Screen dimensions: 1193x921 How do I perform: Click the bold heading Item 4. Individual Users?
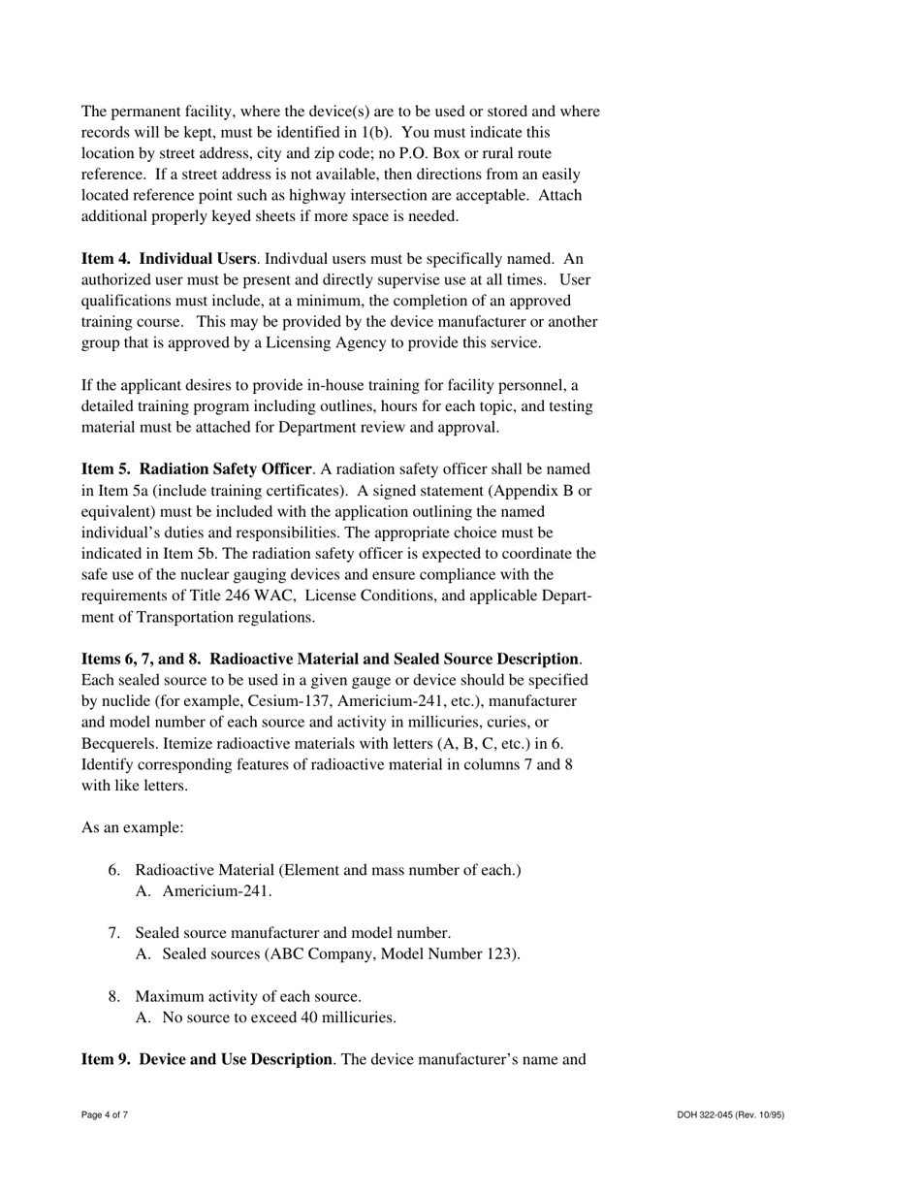(169, 259)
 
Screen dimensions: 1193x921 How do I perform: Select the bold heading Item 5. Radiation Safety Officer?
(196, 469)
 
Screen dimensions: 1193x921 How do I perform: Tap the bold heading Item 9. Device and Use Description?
(206, 1059)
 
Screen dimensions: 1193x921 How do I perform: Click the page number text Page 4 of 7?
(105, 1115)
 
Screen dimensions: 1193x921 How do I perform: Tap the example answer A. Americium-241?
(204, 891)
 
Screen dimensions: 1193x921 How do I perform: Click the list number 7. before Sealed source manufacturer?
(114, 933)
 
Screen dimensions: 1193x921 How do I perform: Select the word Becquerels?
(121, 743)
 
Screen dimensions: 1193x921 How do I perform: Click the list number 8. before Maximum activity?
(114, 996)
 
